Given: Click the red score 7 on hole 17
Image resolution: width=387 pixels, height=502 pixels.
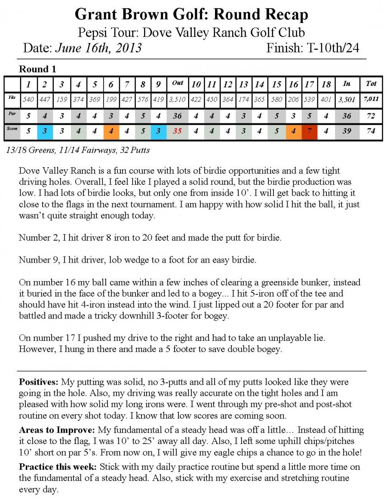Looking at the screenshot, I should click(309, 132).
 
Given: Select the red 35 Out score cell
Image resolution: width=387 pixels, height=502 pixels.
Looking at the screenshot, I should click(177, 132).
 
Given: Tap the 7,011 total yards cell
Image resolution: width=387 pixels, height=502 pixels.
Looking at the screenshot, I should click(371, 99).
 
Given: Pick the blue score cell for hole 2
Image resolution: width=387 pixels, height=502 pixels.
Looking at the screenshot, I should click(45, 132).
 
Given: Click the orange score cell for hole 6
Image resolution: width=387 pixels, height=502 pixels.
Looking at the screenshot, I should click(111, 132).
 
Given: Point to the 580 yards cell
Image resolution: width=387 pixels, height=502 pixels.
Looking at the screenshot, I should click(277, 99).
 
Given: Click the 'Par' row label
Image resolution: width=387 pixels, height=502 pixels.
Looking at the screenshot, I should click(12, 115).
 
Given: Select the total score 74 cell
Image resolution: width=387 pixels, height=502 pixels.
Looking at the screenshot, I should click(371, 132).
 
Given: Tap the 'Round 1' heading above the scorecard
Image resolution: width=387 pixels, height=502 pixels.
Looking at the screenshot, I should click(38, 69).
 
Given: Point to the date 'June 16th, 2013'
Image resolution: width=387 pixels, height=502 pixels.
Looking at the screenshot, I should click(98, 48).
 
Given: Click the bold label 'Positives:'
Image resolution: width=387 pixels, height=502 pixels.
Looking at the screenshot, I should click(39, 382).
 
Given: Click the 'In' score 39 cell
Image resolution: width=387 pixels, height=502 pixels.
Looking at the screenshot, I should click(347, 132).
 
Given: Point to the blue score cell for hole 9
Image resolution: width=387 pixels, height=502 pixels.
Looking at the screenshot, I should click(158, 132).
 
